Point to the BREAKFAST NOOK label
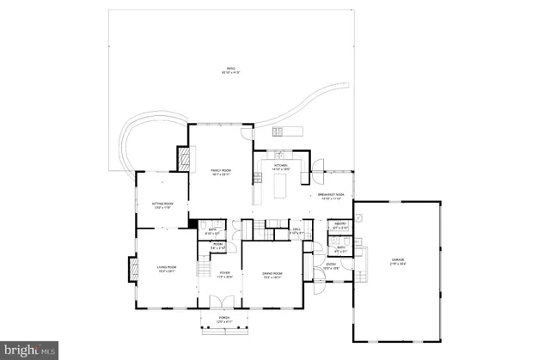point(331,197)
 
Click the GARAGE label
point(398,261)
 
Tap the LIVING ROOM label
point(166,269)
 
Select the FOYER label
point(225,276)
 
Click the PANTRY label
point(339,225)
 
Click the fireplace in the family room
point(183,158)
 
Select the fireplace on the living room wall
point(131,269)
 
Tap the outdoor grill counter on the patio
point(284,131)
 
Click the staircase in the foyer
point(205,269)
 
